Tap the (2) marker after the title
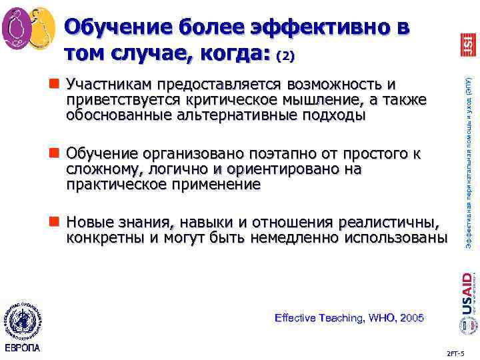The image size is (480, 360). [285, 57]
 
